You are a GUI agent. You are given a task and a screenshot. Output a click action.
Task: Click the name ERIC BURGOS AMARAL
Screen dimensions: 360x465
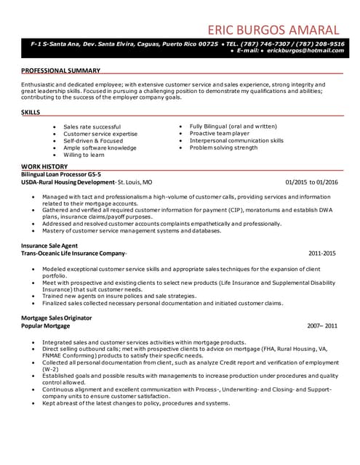[x=273, y=30]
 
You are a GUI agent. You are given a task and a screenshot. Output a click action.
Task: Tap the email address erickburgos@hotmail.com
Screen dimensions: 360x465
[x=305, y=51]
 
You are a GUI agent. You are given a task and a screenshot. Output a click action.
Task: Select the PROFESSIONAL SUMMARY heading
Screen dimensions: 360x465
[x=61, y=70]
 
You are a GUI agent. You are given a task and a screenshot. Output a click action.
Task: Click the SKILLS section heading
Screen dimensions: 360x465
[x=31, y=113]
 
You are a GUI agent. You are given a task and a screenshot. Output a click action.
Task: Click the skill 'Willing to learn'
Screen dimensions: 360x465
[x=84, y=155]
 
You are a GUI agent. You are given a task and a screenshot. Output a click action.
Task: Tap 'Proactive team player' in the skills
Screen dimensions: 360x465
[x=220, y=134]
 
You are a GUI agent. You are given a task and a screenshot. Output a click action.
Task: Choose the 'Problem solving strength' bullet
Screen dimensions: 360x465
[x=224, y=147]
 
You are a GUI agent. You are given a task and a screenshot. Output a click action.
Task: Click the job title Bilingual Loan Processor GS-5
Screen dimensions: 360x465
[x=61, y=174]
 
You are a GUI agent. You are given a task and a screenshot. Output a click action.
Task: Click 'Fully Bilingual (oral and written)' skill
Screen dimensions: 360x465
[x=233, y=126]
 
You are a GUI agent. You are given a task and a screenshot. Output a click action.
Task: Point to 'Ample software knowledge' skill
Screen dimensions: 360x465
[x=100, y=147]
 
